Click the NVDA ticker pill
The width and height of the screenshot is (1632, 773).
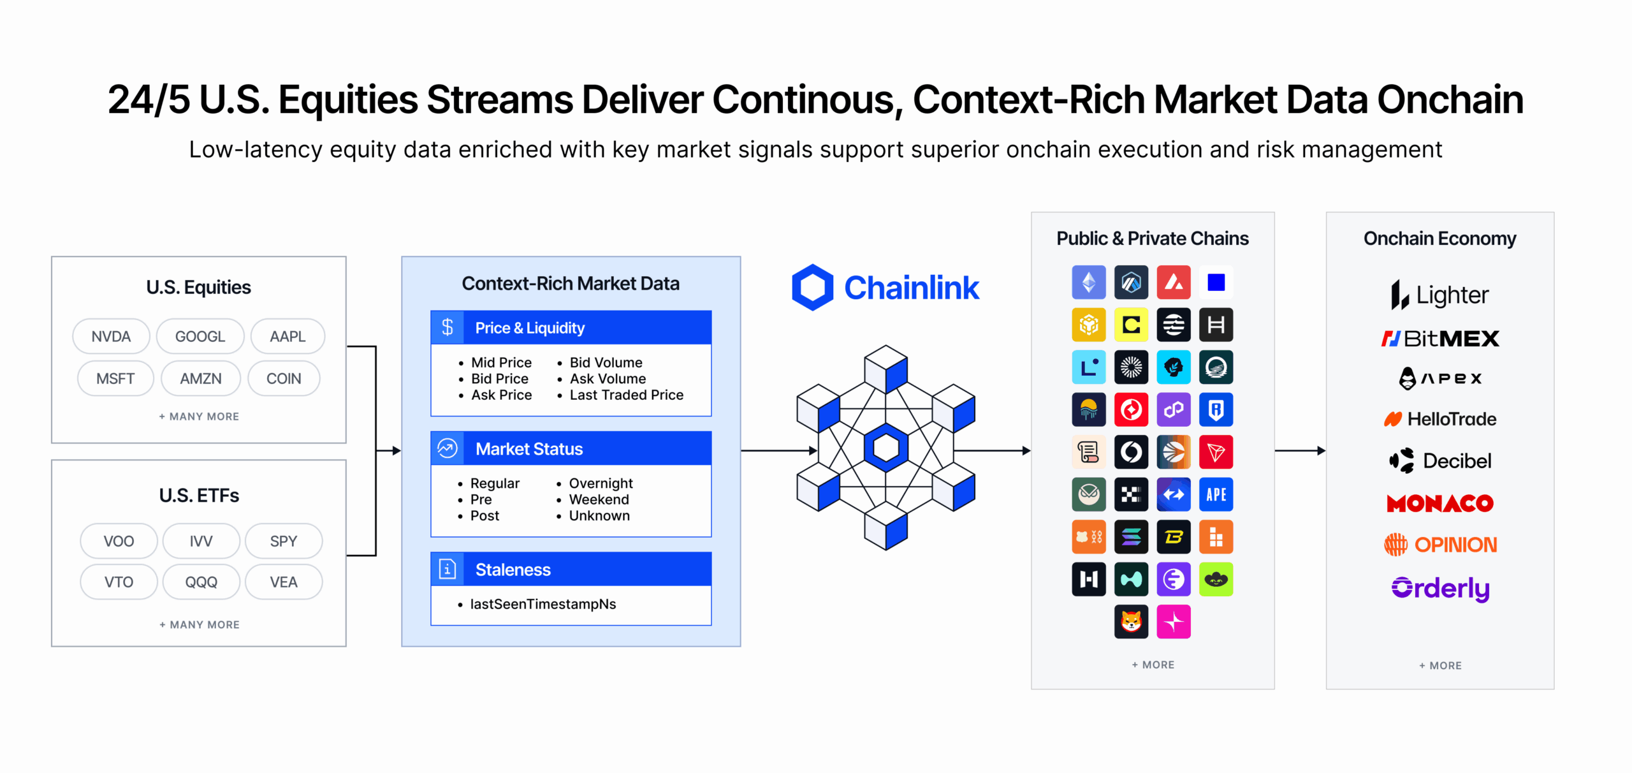coord(111,336)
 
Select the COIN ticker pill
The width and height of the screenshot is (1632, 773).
coord(284,378)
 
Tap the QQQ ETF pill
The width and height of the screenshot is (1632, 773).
coord(201,582)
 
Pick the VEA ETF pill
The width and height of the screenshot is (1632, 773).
coord(284,582)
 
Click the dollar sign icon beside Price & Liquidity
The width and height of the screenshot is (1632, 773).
coord(448,327)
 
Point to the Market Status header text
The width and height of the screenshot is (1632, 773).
coord(529,449)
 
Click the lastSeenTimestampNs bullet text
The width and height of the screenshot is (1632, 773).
coord(543,604)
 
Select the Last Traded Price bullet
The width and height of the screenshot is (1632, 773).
coord(626,395)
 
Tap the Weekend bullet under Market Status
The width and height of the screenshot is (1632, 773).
coord(599,499)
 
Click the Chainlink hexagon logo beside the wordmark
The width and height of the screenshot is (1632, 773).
coord(812,288)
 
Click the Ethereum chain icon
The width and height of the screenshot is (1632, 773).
coord(1089,283)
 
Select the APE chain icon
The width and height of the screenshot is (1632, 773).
coord(1216,494)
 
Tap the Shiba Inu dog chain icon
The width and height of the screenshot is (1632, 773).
coord(1131,621)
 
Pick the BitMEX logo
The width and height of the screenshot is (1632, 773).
coord(1440,338)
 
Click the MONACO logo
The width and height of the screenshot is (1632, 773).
coord(1440,503)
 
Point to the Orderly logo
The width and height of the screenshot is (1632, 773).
coord(1440,588)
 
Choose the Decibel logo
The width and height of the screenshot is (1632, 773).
coord(1440,460)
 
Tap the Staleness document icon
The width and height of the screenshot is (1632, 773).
coord(448,569)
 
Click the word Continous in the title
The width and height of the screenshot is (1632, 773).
coord(807,100)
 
